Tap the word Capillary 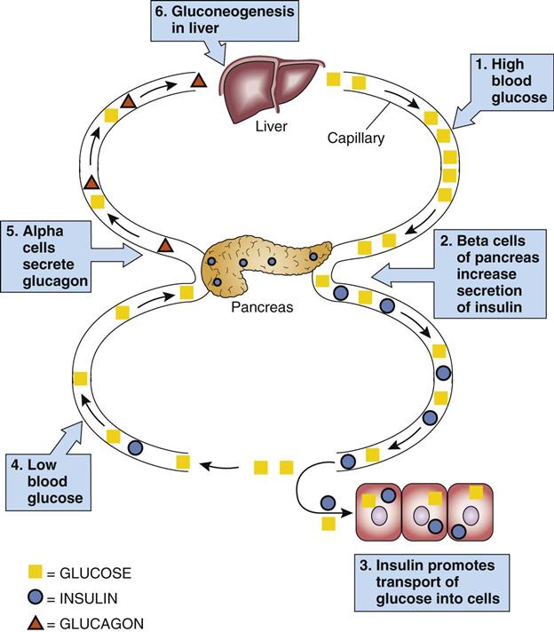(355, 139)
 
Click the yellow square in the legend (35, 573)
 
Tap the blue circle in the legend (35, 598)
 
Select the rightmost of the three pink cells (471, 512)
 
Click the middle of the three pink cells (424, 512)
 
